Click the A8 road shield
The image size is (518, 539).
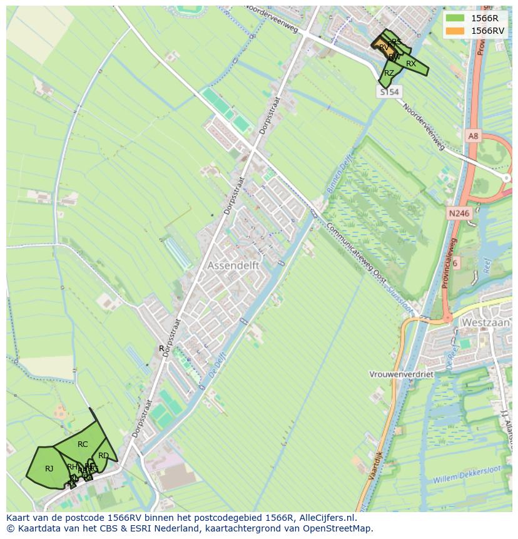(x=472, y=135)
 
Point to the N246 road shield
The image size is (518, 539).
(x=459, y=213)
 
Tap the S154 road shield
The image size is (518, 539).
(x=389, y=92)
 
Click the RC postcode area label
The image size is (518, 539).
(x=83, y=444)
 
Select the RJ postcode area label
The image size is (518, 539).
(x=49, y=468)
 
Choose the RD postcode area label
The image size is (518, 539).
(x=103, y=456)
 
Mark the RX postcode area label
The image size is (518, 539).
(x=410, y=64)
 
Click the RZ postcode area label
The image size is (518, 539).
(x=389, y=73)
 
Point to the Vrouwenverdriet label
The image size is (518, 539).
(x=401, y=374)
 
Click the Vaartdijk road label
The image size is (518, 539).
(x=376, y=464)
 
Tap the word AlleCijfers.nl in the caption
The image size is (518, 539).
(x=325, y=518)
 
